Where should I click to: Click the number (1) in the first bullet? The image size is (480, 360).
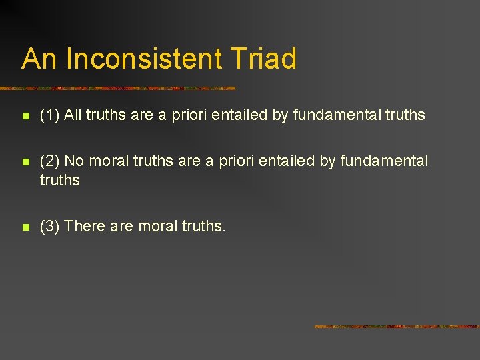pyautogui.click(x=50, y=115)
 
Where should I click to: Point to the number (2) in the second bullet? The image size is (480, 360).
pyautogui.click(x=50, y=161)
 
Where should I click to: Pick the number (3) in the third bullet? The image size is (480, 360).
pyautogui.click(x=50, y=227)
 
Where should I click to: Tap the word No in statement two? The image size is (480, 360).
pyautogui.click(x=74, y=161)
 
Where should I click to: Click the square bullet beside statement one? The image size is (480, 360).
pyautogui.click(x=25, y=116)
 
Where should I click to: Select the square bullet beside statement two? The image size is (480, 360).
pyautogui.click(x=25, y=162)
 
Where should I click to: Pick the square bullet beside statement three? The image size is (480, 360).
pyautogui.click(x=25, y=227)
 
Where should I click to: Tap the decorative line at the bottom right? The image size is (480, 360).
pyautogui.click(x=396, y=327)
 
